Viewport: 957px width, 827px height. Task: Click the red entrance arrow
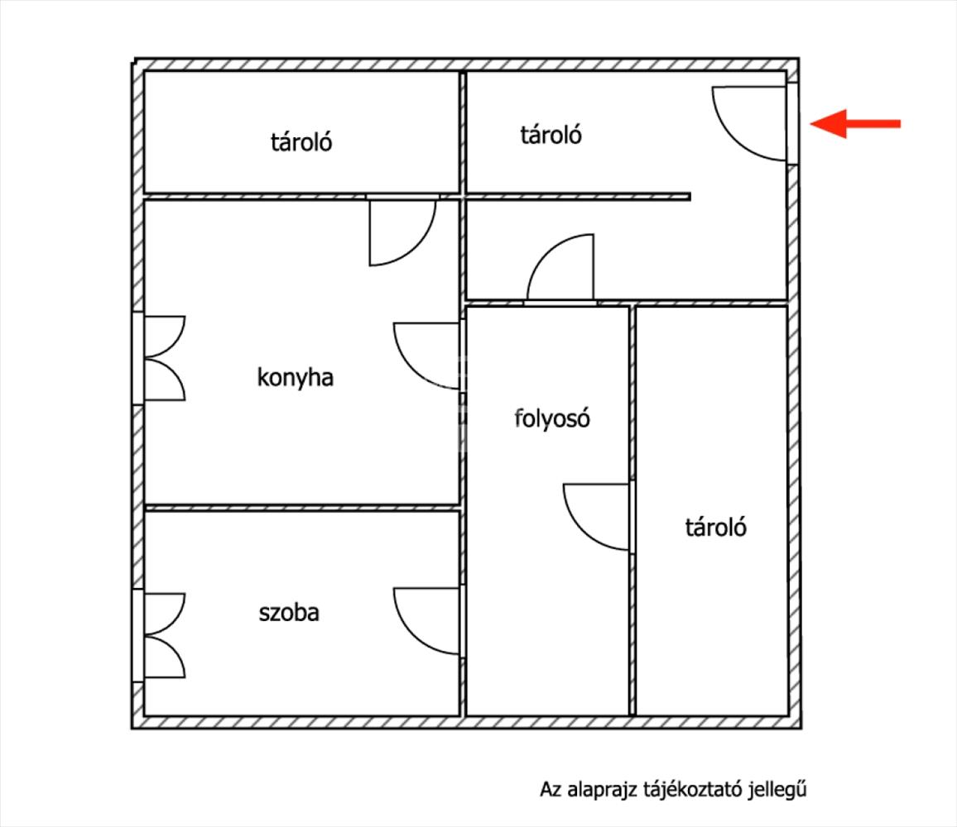854,124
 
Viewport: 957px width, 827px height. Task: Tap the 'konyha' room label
296,377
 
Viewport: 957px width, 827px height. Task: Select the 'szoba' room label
289,612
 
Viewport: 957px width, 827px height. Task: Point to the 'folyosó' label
551,418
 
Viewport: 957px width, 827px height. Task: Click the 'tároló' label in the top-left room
301,142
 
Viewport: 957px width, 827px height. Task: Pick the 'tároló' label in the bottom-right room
715,527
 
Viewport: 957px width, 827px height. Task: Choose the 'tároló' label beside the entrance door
551,135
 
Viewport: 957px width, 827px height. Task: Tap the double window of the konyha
160,358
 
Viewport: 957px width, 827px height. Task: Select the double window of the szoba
160,635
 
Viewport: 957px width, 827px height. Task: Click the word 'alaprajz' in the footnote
602,790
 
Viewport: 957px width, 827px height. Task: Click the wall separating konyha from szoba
302,508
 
